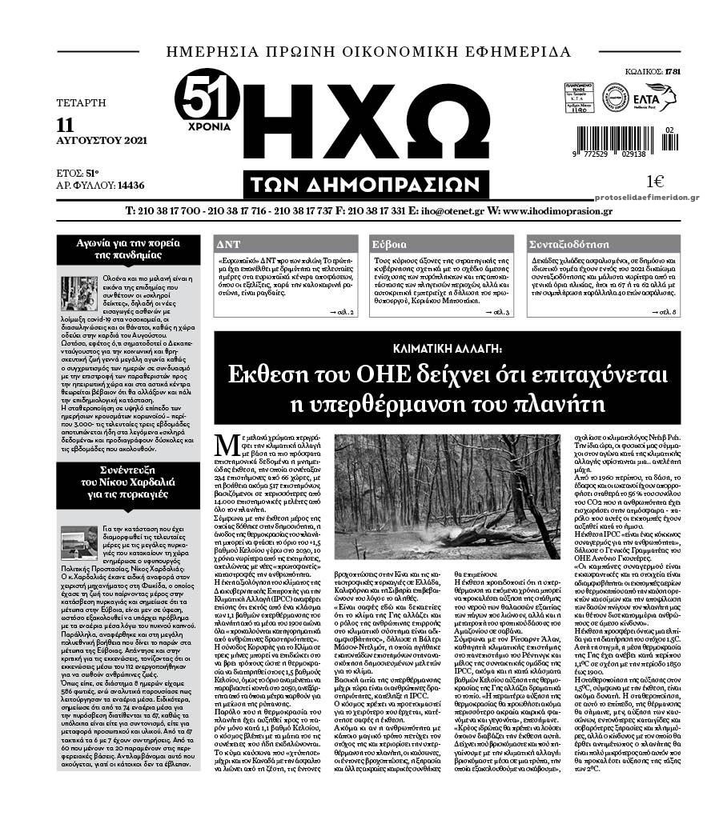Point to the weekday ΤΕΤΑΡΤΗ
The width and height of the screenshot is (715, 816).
[82, 102]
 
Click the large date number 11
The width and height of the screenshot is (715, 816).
[66, 124]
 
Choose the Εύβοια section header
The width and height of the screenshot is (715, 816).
[390, 244]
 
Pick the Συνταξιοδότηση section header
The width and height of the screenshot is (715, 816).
[566, 244]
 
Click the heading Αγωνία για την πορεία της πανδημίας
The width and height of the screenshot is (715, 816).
[128, 249]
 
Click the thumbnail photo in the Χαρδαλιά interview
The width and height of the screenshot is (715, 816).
[78, 542]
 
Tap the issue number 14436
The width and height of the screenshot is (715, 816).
[131, 185]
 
